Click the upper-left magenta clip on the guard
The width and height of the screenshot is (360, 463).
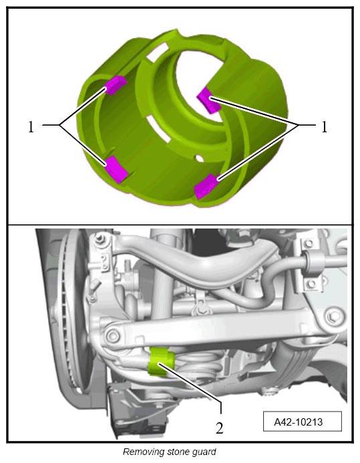click(116, 85)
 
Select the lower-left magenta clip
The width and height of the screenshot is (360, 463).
click(117, 169)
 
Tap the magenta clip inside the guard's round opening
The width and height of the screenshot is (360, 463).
click(208, 100)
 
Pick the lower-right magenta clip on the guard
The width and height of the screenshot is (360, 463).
click(206, 186)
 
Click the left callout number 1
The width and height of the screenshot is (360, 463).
click(31, 127)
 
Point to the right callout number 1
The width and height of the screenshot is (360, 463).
click(324, 127)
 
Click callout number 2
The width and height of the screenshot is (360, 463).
click(219, 428)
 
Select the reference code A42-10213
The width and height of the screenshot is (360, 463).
click(299, 422)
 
